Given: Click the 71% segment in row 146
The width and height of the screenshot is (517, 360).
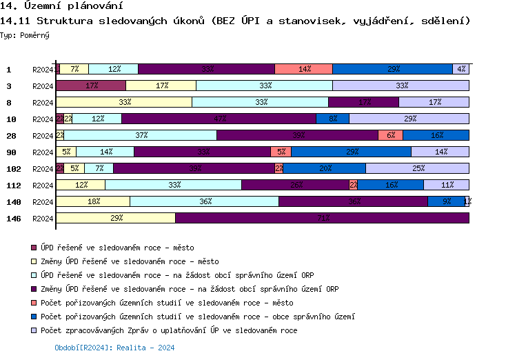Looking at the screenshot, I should [322, 218].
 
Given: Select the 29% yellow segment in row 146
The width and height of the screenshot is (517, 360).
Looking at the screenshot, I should [116, 218].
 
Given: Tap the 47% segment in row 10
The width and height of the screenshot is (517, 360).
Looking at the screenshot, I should [219, 119].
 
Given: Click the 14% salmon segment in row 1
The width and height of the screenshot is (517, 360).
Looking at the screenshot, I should [303, 69].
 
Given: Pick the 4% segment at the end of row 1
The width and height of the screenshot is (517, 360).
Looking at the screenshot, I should [460, 69].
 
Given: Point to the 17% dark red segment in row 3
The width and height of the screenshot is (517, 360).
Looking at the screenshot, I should [91, 86].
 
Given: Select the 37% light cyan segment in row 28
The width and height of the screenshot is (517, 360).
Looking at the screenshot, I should [141, 135].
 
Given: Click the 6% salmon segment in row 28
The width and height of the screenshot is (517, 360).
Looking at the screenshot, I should [390, 135].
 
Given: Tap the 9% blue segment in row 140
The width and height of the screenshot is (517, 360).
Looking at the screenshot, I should [446, 201].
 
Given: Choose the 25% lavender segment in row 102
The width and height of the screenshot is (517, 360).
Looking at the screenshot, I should [417, 168].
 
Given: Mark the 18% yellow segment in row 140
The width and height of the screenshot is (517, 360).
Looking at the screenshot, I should [93, 201].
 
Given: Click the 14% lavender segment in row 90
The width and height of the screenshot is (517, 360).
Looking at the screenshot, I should [440, 152].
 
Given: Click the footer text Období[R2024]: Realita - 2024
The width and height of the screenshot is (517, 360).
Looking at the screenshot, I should [114, 348].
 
